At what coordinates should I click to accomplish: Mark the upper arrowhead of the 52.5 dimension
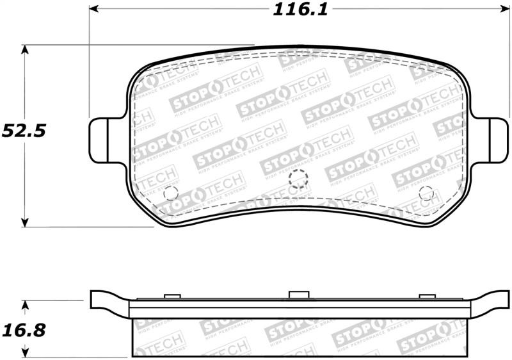(x=24, y=49)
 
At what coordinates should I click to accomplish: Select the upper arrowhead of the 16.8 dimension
(x=24, y=304)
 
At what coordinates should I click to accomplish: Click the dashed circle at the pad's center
(x=298, y=181)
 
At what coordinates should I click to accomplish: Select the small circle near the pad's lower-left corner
(x=170, y=193)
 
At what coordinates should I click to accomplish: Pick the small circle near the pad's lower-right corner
(x=427, y=193)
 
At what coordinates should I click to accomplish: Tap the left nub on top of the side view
(x=170, y=295)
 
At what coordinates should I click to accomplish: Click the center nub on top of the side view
(x=298, y=295)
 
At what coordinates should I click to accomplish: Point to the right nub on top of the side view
(x=426, y=295)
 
